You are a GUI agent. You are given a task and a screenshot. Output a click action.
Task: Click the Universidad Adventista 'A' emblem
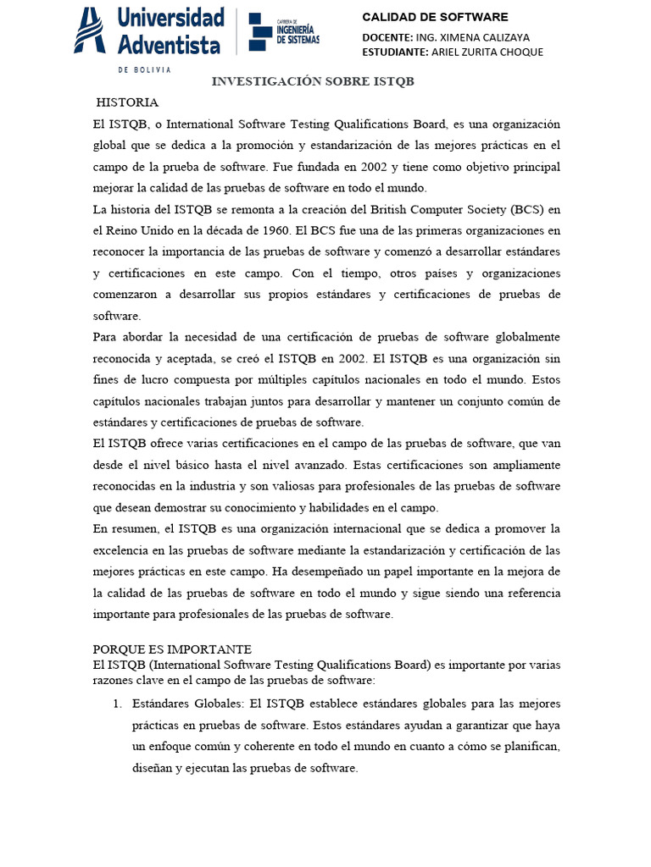tap(90, 30)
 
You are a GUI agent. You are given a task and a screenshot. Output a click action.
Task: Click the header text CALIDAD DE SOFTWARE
tap(435, 17)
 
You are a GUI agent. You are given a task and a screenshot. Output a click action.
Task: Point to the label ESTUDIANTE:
tap(395, 52)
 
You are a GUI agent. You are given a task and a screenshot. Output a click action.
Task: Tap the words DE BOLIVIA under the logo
tap(144, 69)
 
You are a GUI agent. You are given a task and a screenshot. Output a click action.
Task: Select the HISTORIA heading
tap(127, 102)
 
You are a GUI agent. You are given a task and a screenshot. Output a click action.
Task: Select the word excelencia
tap(120, 550)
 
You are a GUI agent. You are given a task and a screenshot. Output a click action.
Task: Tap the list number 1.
tap(117, 704)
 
